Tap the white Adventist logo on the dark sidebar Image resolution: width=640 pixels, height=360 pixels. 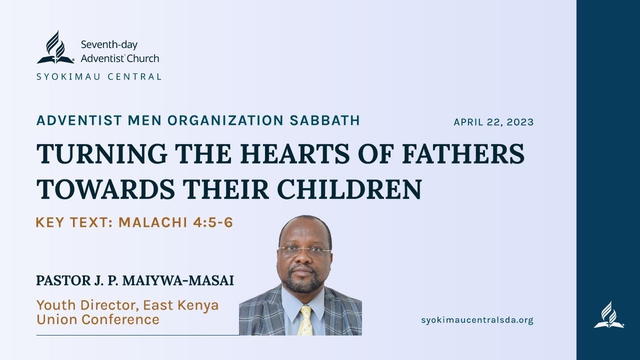(608, 315)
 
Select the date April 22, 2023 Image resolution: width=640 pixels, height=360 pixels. (493, 122)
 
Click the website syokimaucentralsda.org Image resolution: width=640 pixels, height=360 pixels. (477, 320)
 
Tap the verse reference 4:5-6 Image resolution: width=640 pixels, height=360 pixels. (213, 222)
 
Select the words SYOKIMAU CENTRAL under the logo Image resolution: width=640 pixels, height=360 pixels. (99, 77)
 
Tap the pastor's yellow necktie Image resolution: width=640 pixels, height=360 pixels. (305, 320)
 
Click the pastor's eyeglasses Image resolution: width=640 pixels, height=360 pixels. (304, 250)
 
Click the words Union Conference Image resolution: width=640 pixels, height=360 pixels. (98, 319)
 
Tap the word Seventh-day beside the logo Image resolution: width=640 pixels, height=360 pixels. (109, 45)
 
